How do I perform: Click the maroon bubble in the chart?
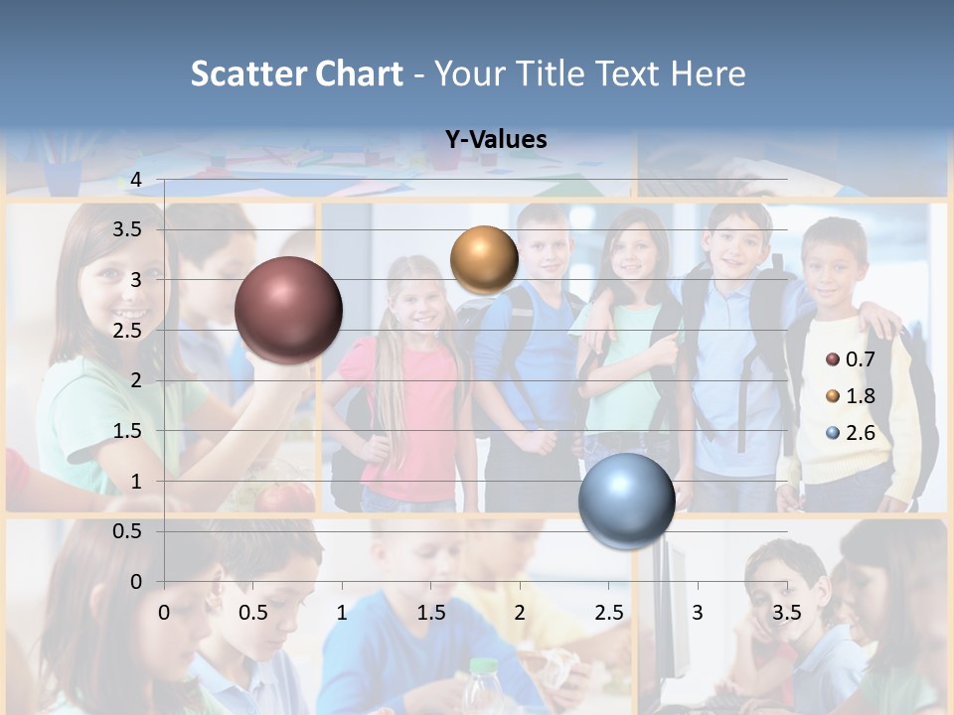(288, 310)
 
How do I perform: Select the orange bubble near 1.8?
(484, 259)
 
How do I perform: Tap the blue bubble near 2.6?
(626, 500)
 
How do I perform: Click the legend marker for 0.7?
(833, 359)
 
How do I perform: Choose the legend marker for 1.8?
(833, 396)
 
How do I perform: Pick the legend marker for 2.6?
(833, 433)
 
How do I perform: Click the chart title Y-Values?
(496, 140)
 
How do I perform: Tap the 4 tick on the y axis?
(136, 180)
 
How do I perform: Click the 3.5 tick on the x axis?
(786, 613)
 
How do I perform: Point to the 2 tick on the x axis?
(520, 613)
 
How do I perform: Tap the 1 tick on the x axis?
(342, 613)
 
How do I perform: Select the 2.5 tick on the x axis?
(608, 613)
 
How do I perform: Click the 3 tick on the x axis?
(698, 613)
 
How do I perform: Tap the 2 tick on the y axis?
(136, 380)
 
